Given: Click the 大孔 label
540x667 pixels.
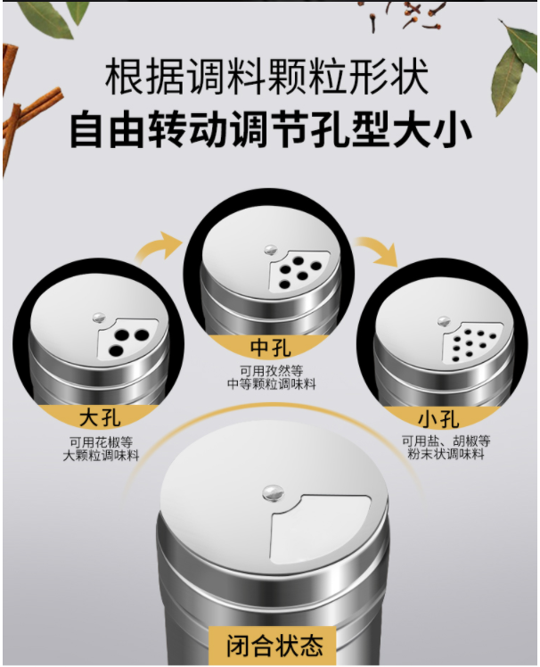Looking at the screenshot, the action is click(x=100, y=416).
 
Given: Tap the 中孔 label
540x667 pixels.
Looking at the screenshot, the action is click(x=271, y=348).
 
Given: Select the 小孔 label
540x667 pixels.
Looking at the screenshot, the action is click(x=438, y=418).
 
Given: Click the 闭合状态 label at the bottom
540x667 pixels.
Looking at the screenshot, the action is click(x=274, y=646).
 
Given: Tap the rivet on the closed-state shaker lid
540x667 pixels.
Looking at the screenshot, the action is click(x=273, y=492).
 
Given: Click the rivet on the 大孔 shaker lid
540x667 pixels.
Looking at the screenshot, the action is click(x=99, y=317).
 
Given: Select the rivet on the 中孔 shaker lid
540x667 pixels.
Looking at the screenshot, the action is click(x=270, y=250).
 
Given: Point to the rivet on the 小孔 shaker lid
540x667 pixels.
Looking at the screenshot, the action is click(x=444, y=320).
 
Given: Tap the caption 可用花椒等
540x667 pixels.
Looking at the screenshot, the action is click(x=102, y=441).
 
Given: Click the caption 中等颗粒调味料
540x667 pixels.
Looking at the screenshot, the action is click(x=271, y=384).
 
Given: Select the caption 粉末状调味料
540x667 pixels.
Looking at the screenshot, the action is click(x=446, y=454).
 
